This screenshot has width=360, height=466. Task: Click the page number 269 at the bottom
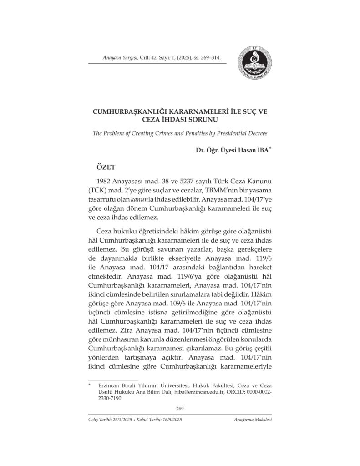[180, 409]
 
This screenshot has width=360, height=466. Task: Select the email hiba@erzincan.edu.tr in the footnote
[211, 391]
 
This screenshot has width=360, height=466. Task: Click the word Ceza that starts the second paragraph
[106, 231]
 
